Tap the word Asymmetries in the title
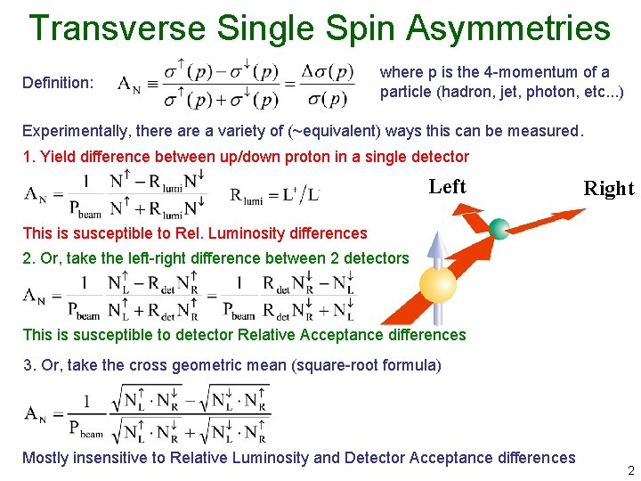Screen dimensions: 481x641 508,28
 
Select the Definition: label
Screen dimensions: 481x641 57,83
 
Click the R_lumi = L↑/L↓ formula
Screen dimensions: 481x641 275,195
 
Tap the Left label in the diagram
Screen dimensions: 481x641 447,186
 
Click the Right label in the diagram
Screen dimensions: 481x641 608,188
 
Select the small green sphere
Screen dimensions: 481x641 499,228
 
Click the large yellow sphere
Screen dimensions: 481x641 437,284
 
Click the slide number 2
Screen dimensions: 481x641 630,469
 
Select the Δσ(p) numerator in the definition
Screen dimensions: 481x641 325,71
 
